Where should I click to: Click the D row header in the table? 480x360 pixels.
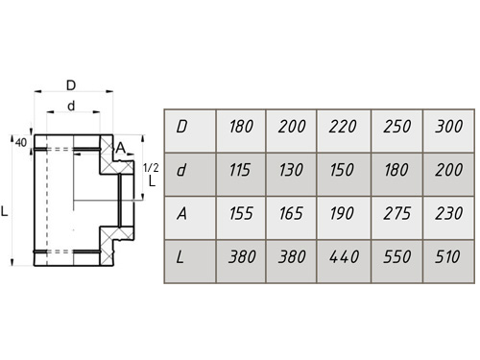coord(190,131)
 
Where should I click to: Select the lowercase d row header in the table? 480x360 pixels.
coord(190,175)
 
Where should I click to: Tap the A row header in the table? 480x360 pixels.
coord(190,218)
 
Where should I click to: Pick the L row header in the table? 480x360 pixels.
coord(190,261)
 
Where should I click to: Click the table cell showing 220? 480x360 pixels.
coord(344,131)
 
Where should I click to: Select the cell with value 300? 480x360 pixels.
coord(448,131)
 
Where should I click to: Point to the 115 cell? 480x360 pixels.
coord(241,175)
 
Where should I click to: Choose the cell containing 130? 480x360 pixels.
coord(291,175)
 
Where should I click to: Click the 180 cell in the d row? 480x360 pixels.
coord(396,175)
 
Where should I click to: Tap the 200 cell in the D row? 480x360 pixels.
coord(291,131)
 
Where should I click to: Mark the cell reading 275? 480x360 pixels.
coord(396,218)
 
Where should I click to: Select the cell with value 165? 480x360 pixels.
coord(291,218)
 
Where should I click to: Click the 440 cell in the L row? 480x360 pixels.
coord(344,261)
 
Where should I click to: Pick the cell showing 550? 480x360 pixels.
coord(396,261)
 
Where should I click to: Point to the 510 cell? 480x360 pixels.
coord(448,261)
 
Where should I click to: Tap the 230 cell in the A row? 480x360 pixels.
coord(448,218)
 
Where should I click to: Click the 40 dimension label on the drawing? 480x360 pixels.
coord(21,143)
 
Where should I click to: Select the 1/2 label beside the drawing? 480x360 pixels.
coord(151,167)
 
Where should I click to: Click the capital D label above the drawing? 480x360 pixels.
coord(71,85)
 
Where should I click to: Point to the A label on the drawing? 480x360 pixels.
coord(120,148)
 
